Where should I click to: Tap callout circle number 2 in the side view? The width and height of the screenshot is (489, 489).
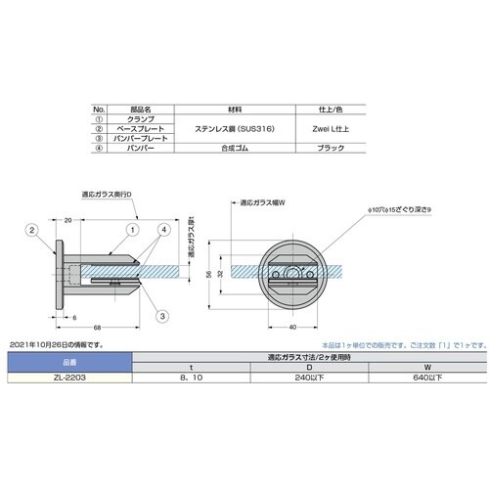point(31,230)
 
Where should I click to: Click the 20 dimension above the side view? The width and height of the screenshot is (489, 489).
point(68,222)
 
